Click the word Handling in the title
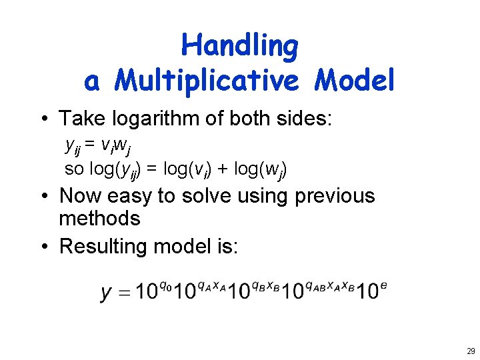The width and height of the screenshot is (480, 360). [x=240, y=47]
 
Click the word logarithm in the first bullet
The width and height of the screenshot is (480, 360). [x=164, y=119]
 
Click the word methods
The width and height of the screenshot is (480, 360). [x=99, y=219]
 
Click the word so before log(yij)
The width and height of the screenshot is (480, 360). [x=73, y=169]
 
